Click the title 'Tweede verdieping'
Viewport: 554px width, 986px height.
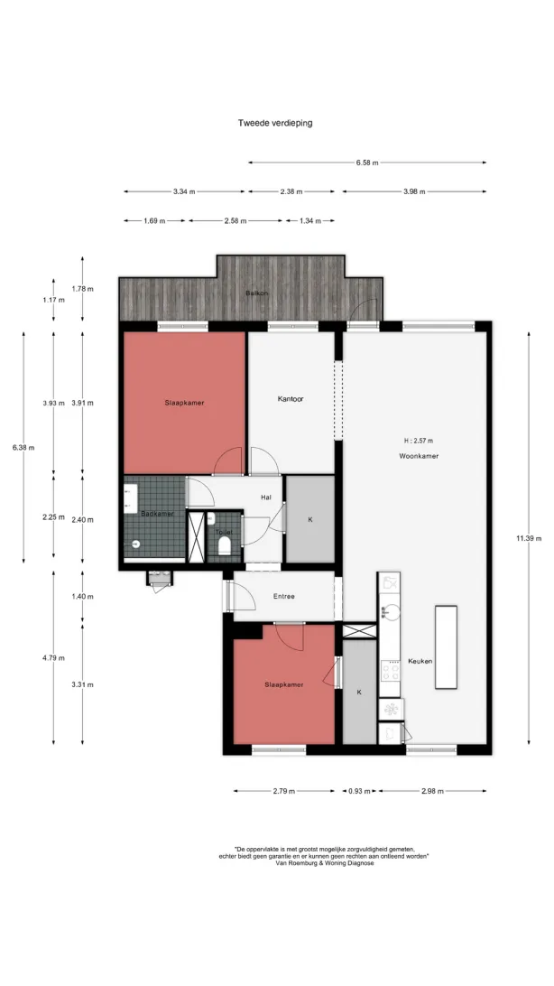tap(274, 123)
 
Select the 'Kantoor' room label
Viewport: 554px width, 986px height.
tap(291, 399)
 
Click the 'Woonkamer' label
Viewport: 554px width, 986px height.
tap(419, 456)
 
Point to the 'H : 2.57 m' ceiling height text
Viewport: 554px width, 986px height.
tap(419, 441)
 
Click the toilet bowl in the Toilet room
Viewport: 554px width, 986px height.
tap(225, 545)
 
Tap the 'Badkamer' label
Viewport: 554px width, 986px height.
tap(157, 514)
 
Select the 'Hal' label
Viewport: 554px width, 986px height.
tap(266, 498)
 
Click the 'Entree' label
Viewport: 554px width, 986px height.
tap(284, 596)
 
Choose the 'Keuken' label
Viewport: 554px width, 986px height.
tap(420, 661)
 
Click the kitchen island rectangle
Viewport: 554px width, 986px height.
tap(446, 647)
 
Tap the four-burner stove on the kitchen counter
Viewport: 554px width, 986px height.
tap(390, 671)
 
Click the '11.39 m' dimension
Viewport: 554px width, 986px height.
tap(529, 538)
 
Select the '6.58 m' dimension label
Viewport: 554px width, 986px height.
tap(367, 163)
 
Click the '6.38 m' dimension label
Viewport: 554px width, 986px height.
tap(23, 448)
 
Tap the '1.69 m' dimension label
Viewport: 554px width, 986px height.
tap(154, 220)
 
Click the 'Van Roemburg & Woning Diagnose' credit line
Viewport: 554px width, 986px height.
tap(324, 863)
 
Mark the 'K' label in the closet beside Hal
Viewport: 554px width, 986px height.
tap(309, 520)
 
